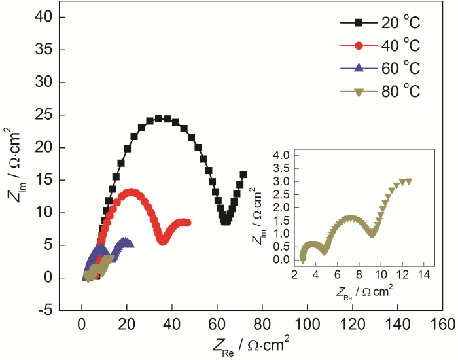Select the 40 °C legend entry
(379, 46)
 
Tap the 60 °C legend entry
(379, 69)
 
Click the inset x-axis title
(363, 287)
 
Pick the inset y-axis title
(260, 209)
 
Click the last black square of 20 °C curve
(243, 175)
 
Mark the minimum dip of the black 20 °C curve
(226, 221)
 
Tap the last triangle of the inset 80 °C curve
(410, 181)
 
